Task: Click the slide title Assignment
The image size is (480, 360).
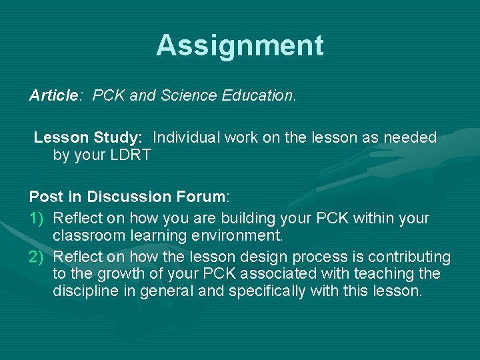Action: click(x=240, y=45)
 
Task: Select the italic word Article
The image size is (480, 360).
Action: click(x=53, y=95)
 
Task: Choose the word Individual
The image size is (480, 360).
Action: click(x=186, y=138)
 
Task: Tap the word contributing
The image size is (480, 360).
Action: click(x=407, y=257)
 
